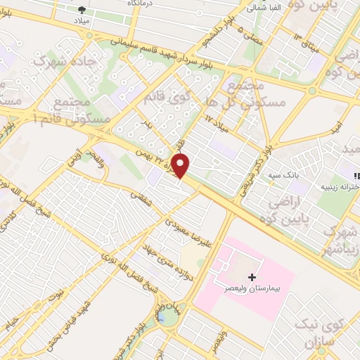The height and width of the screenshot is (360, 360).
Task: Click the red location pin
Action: (x=181, y=166)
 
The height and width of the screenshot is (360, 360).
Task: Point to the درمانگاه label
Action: (x=141, y=4)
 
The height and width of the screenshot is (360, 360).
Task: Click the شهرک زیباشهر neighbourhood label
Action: (x=340, y=239)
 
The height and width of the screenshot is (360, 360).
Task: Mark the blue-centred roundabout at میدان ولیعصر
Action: (x=162, y=317)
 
